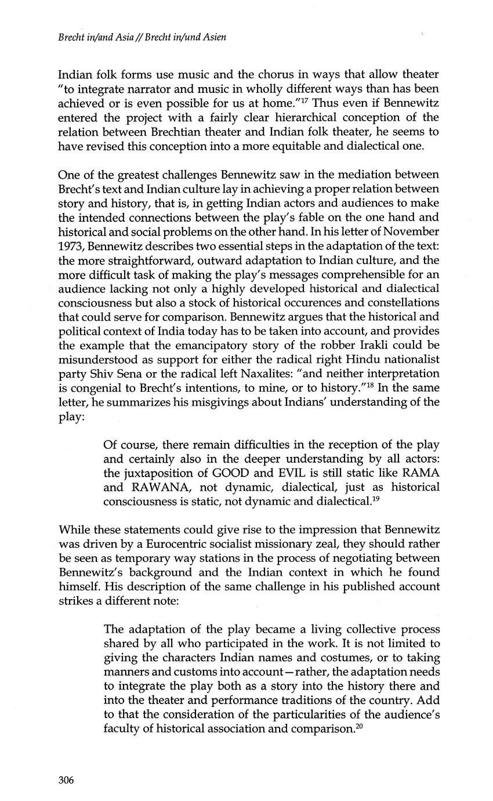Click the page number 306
[67, 780]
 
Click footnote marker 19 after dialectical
[375, 497]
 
